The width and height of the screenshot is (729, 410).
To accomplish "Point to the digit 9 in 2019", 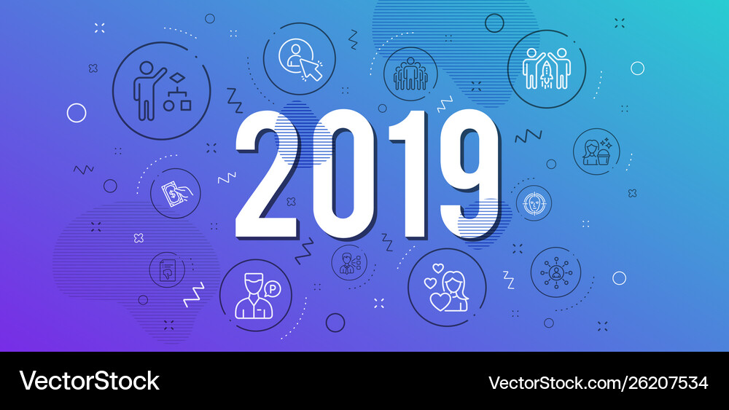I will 467,175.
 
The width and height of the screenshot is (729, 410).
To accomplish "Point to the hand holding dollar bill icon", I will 176,192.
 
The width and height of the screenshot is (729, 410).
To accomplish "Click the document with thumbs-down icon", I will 166,270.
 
